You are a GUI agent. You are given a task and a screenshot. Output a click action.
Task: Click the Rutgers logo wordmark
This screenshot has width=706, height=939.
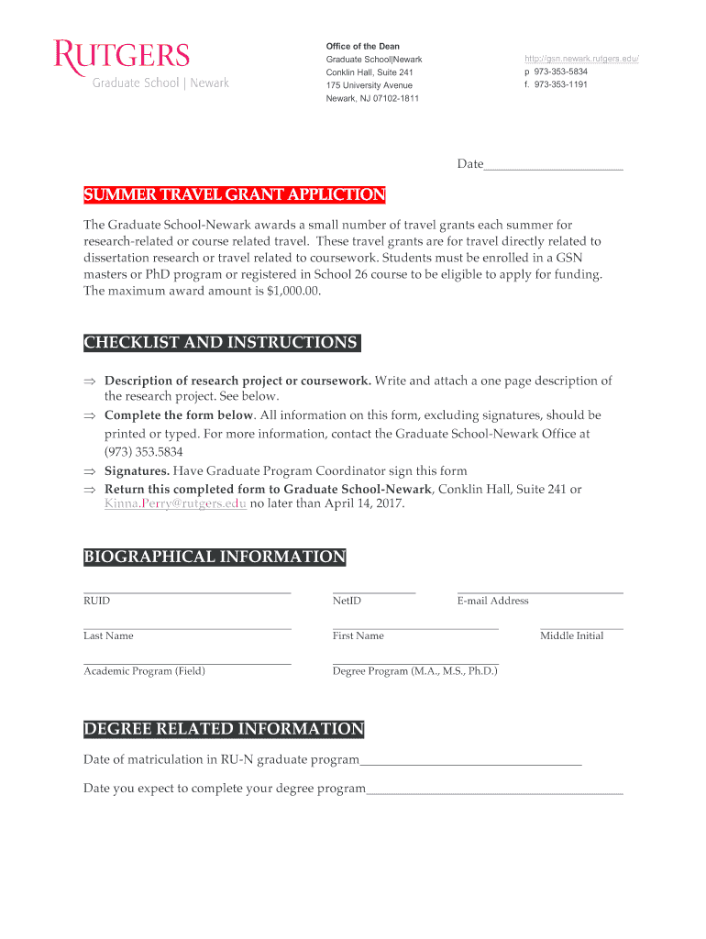point(122,55)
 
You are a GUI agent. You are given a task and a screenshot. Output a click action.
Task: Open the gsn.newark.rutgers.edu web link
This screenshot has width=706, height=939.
point(580,59)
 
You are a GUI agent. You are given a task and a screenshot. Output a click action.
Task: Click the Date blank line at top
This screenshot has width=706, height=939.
point(553,167)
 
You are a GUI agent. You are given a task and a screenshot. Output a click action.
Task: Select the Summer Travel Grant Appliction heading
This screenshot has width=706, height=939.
point(235,195)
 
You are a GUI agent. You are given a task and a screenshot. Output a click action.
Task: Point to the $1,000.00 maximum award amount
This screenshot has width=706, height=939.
point(292,291)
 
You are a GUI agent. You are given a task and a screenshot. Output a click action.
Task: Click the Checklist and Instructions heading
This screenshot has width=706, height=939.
point(221,343)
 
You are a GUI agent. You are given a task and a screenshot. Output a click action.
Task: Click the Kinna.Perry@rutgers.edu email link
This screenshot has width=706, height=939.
point(175,504)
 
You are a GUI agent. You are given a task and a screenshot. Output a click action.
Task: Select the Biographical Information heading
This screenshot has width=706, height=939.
point(215,558)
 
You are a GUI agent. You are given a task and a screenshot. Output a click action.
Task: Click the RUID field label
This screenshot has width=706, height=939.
point(96,602)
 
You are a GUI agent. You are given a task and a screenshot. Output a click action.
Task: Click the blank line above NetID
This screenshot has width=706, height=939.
point(374,591)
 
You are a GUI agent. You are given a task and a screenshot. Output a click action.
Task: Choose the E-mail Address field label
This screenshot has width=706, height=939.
point(492,602)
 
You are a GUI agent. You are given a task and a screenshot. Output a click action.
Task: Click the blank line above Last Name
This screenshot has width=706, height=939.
point(187,627)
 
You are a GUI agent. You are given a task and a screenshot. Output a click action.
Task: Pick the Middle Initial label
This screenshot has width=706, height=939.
point(571,636)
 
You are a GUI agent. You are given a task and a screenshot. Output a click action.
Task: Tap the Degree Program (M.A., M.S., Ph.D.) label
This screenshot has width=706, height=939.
point(415,671)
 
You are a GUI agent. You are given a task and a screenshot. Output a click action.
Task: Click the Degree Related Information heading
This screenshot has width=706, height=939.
point(224,730)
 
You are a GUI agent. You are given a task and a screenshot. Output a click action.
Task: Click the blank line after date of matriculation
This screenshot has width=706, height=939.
point(470,762)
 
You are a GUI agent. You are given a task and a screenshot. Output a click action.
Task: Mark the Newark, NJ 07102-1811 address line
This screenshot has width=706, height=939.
point(372,98)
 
